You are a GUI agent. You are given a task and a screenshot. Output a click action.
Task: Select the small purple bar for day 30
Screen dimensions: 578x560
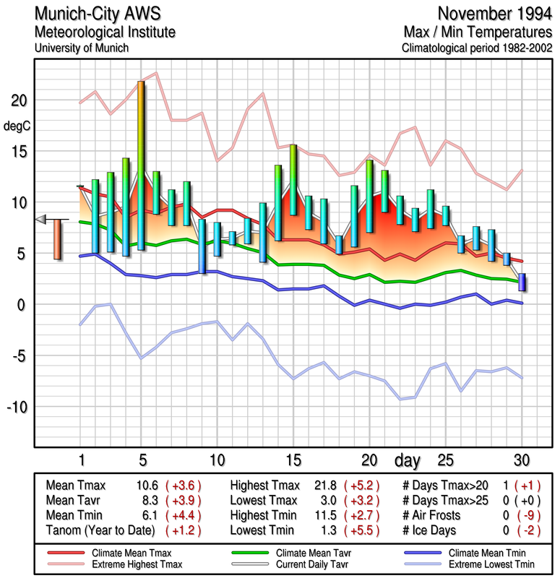coord(522,282)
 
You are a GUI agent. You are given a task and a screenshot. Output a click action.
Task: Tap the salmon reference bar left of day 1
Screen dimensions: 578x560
coord(57,238)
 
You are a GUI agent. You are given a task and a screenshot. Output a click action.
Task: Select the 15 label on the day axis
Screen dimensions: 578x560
coord(293,460)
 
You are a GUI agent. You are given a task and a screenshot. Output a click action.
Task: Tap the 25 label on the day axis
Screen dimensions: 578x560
coord(445,460)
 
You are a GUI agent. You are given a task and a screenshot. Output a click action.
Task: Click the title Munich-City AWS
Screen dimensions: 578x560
coord(90,14)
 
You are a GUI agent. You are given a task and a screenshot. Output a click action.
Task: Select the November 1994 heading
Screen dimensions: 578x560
coord(494,14)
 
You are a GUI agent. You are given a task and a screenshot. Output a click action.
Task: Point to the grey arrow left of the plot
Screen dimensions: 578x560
coord(42,219)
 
